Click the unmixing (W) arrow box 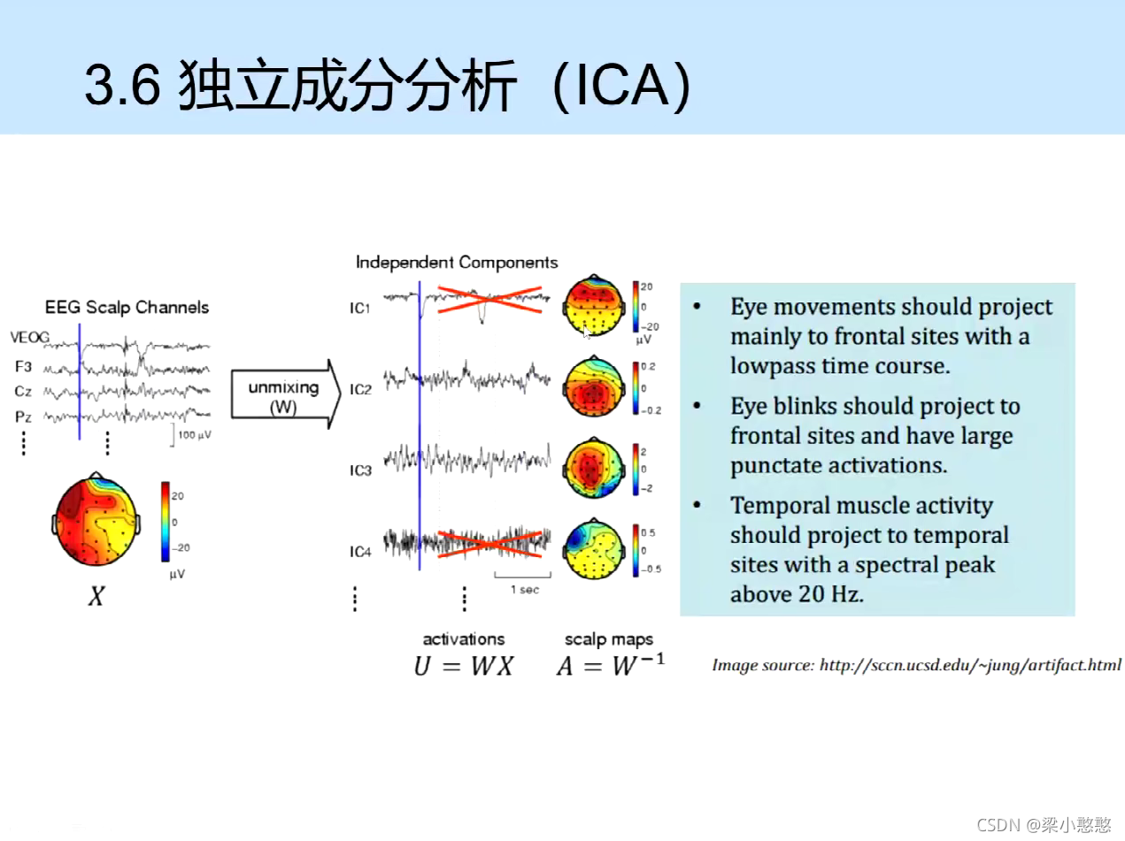[x=285, y=394]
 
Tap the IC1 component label [x=359, y=308]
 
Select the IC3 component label [x=360, y=470]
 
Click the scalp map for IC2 [x=594, y=386]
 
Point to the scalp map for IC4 [x=594, y=549]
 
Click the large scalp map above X [x=96, y=520]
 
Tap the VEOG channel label [x=30, y=337]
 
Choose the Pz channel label [x=23, y=417]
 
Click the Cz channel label [x=23, y=392]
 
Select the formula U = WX [x=463, y=667]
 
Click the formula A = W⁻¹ [x=611, y=665]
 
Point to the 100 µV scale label [x=194, y=435]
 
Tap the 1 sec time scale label [x=525, y=590]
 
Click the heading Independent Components [x=457, y=263]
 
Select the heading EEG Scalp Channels [x=127, y=307]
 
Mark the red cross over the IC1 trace [x=490, y=300]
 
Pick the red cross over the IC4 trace [x=490, y=544]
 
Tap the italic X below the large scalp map [x=96, y=596]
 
